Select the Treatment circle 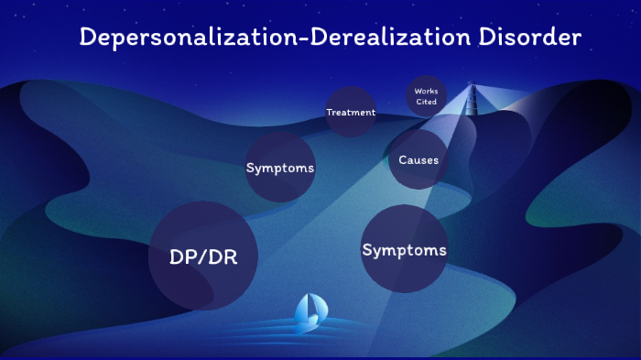tap(351, 112)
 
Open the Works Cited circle tap(426, 96)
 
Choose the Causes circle tap(418, 160)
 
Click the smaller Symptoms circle tap(280, 168)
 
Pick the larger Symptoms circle tap(404, 249)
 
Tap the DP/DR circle tap(203, 257)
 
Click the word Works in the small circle tap(426, 92)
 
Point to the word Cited tap(426, 102)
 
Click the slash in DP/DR tap(203, 257)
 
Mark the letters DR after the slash tap(223, 257)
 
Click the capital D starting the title tap(87, 38)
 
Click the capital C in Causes tap(403, 160)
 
